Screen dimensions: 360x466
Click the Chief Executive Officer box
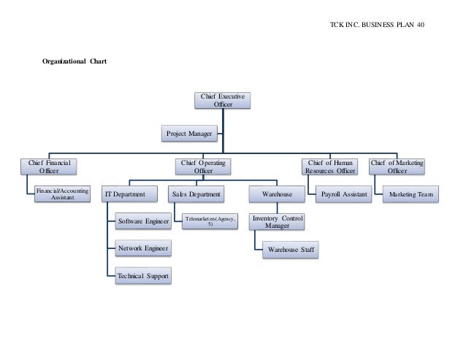click(223, 100)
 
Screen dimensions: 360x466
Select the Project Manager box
click(190, 134)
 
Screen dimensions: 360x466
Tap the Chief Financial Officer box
click(48, 166)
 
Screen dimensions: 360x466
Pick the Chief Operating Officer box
click(203, 166)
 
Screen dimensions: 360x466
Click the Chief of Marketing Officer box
click(397, 166)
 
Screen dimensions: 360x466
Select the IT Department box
click(130, 194)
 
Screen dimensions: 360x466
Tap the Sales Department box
click(197, 194)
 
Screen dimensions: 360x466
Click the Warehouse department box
click(277, 194)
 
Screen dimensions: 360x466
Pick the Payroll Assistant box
click(344, 194)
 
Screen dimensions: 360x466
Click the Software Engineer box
click(143, 221)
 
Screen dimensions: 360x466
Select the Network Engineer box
click(143, 249)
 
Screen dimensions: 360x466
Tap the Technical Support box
click(143, 276)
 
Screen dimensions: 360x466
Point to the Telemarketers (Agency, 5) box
click(210, 221)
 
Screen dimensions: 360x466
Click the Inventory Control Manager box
click(277, 222)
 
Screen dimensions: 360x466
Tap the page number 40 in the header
click(420, 26)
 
